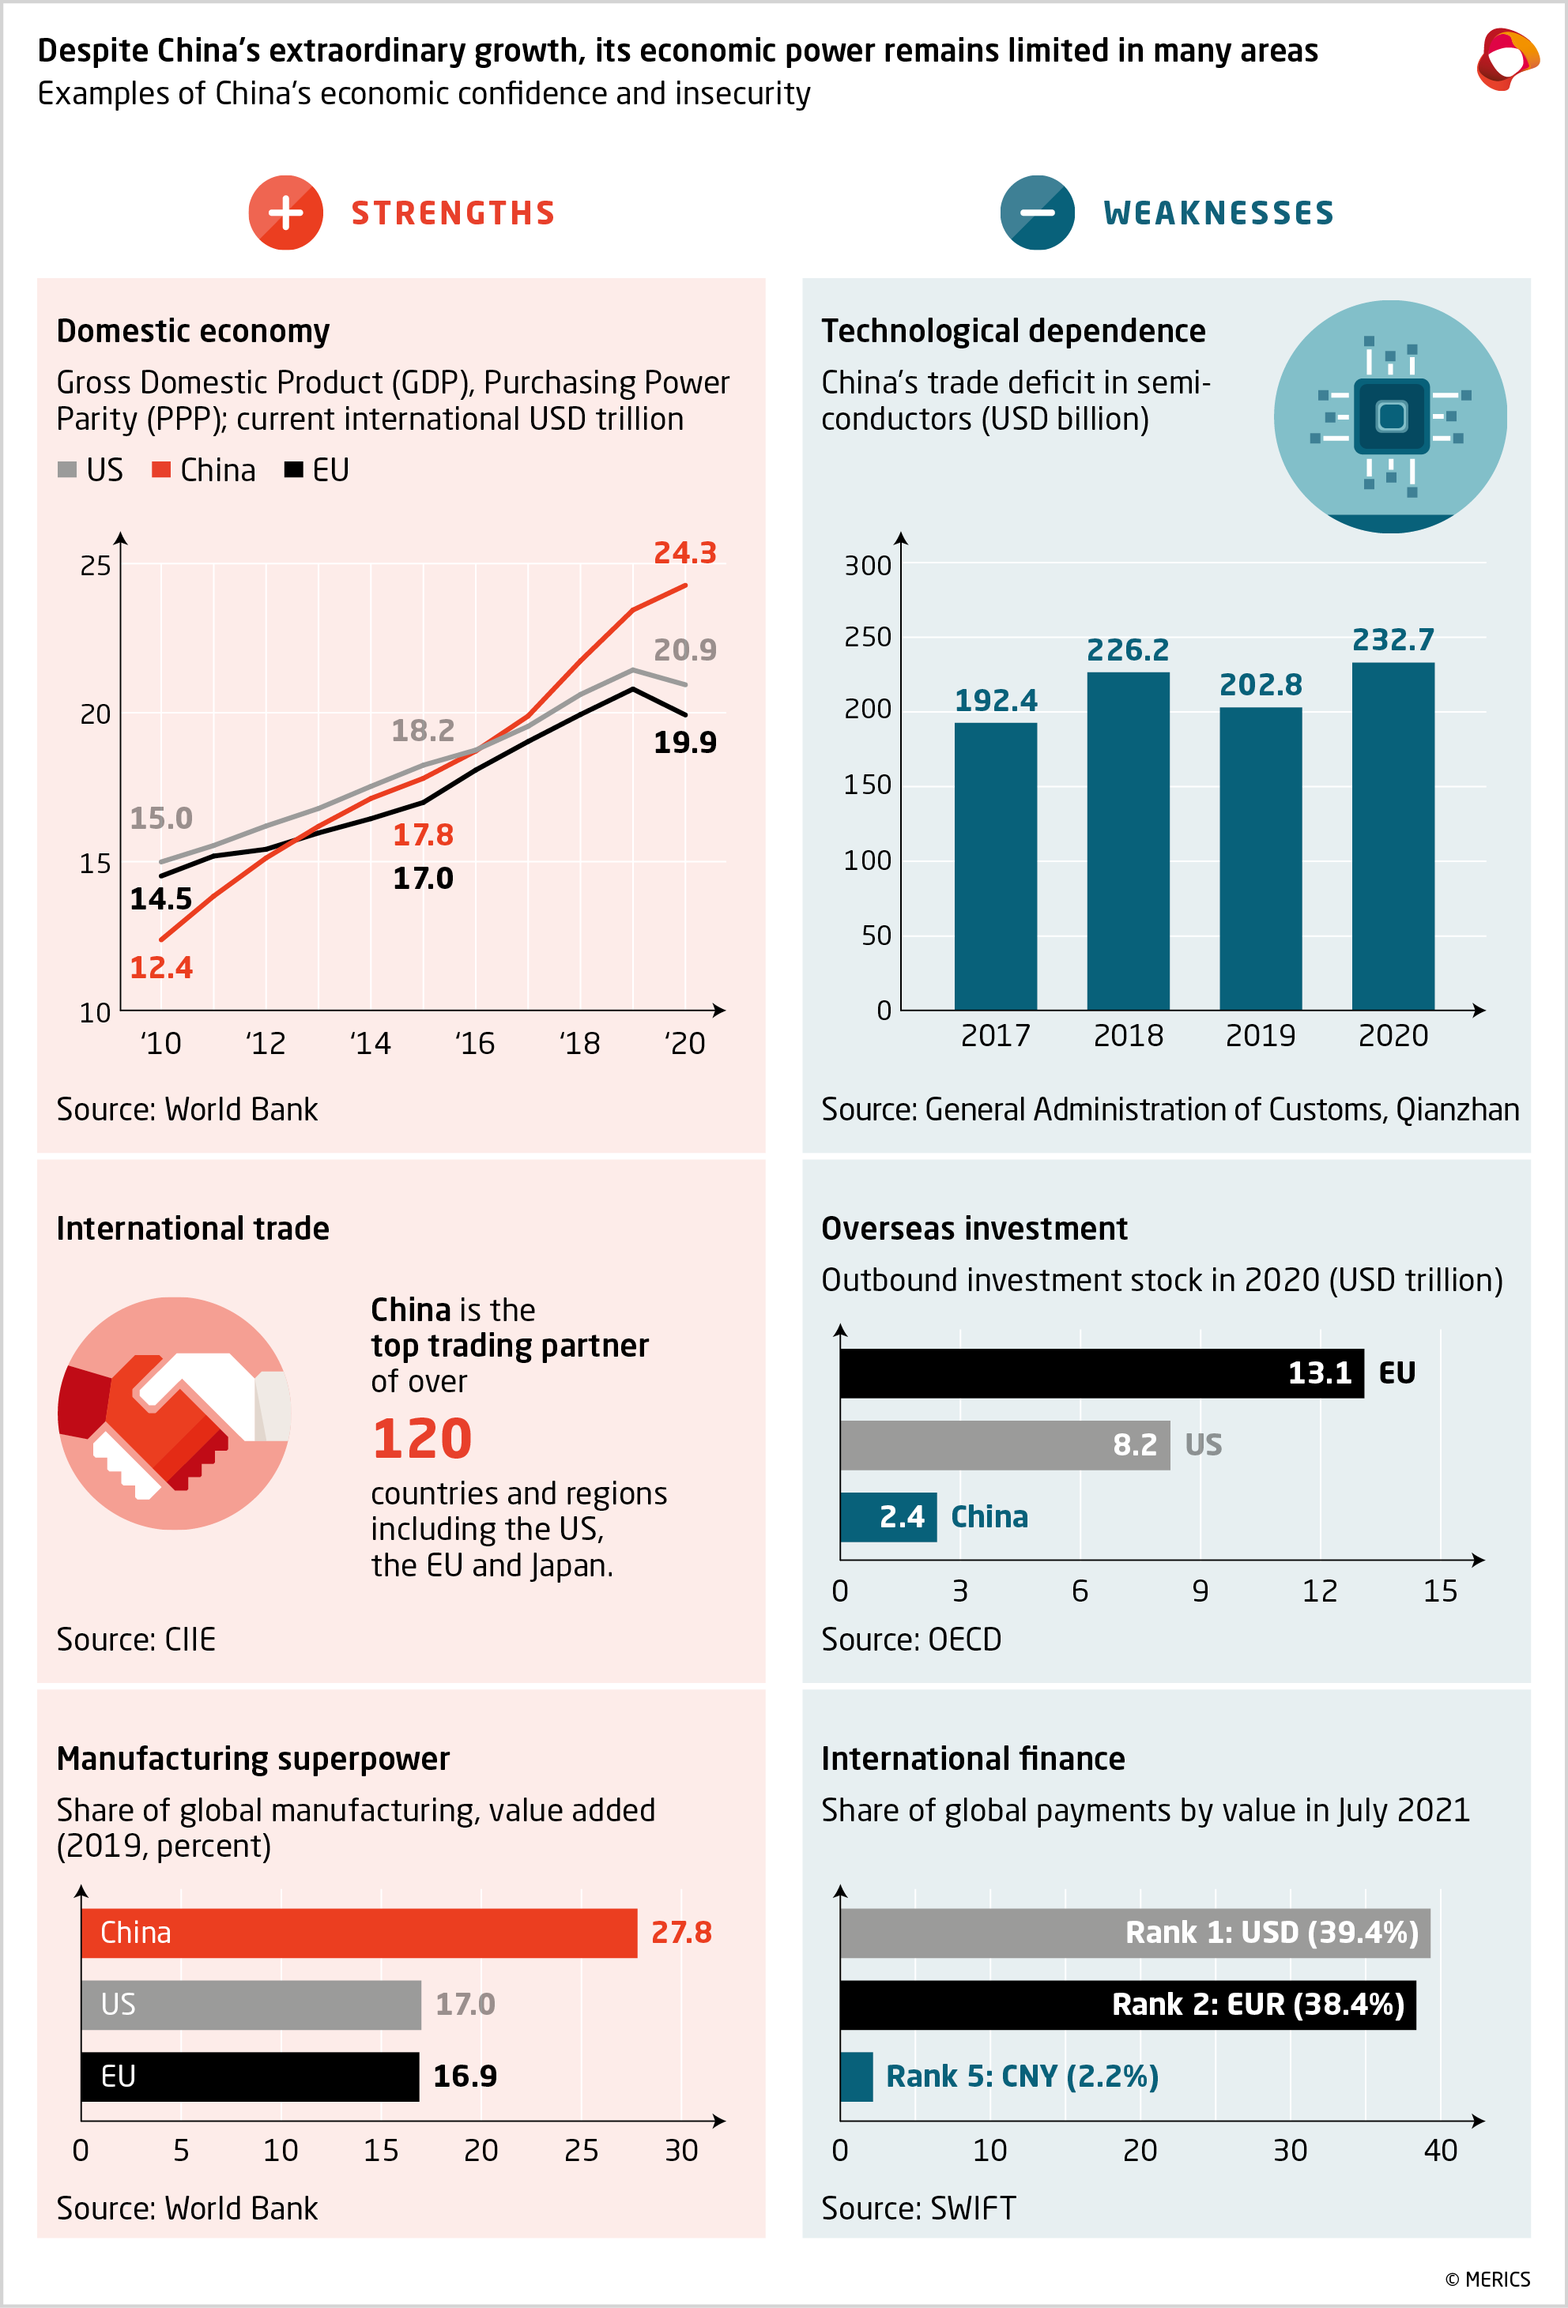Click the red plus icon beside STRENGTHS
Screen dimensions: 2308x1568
click(x=285, y=213)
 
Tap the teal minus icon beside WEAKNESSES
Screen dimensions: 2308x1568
click(x=1037, y=213)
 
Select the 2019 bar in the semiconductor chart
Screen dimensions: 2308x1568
click(x=1260, y=858)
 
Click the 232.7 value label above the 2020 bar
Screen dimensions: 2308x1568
click(x=1393, y=639)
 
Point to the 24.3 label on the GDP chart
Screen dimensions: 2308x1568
click(x=684, y=553)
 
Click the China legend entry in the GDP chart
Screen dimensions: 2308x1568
click(x=205, y=470)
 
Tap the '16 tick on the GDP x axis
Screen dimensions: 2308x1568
click(x=475, y=1043)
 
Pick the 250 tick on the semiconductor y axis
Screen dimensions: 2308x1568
click(x=867, y=637)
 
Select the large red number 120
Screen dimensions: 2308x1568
click(x=422, y=1438)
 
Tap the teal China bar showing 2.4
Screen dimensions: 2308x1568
click(x=888, y=1516)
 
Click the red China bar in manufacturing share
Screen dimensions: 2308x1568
click(x=359, y=1933)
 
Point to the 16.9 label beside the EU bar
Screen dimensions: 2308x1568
click(x=465, y=2076)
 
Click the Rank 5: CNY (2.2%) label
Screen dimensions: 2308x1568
click(x=1022, y=2076)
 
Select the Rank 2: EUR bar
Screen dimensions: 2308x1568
click(x=1127, y=2004)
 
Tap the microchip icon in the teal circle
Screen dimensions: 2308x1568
click(x=1390, y=416)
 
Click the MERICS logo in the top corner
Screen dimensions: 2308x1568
click(x=1506, y=59)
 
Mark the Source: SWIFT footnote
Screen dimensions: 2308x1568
click(x=918, y=2208)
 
